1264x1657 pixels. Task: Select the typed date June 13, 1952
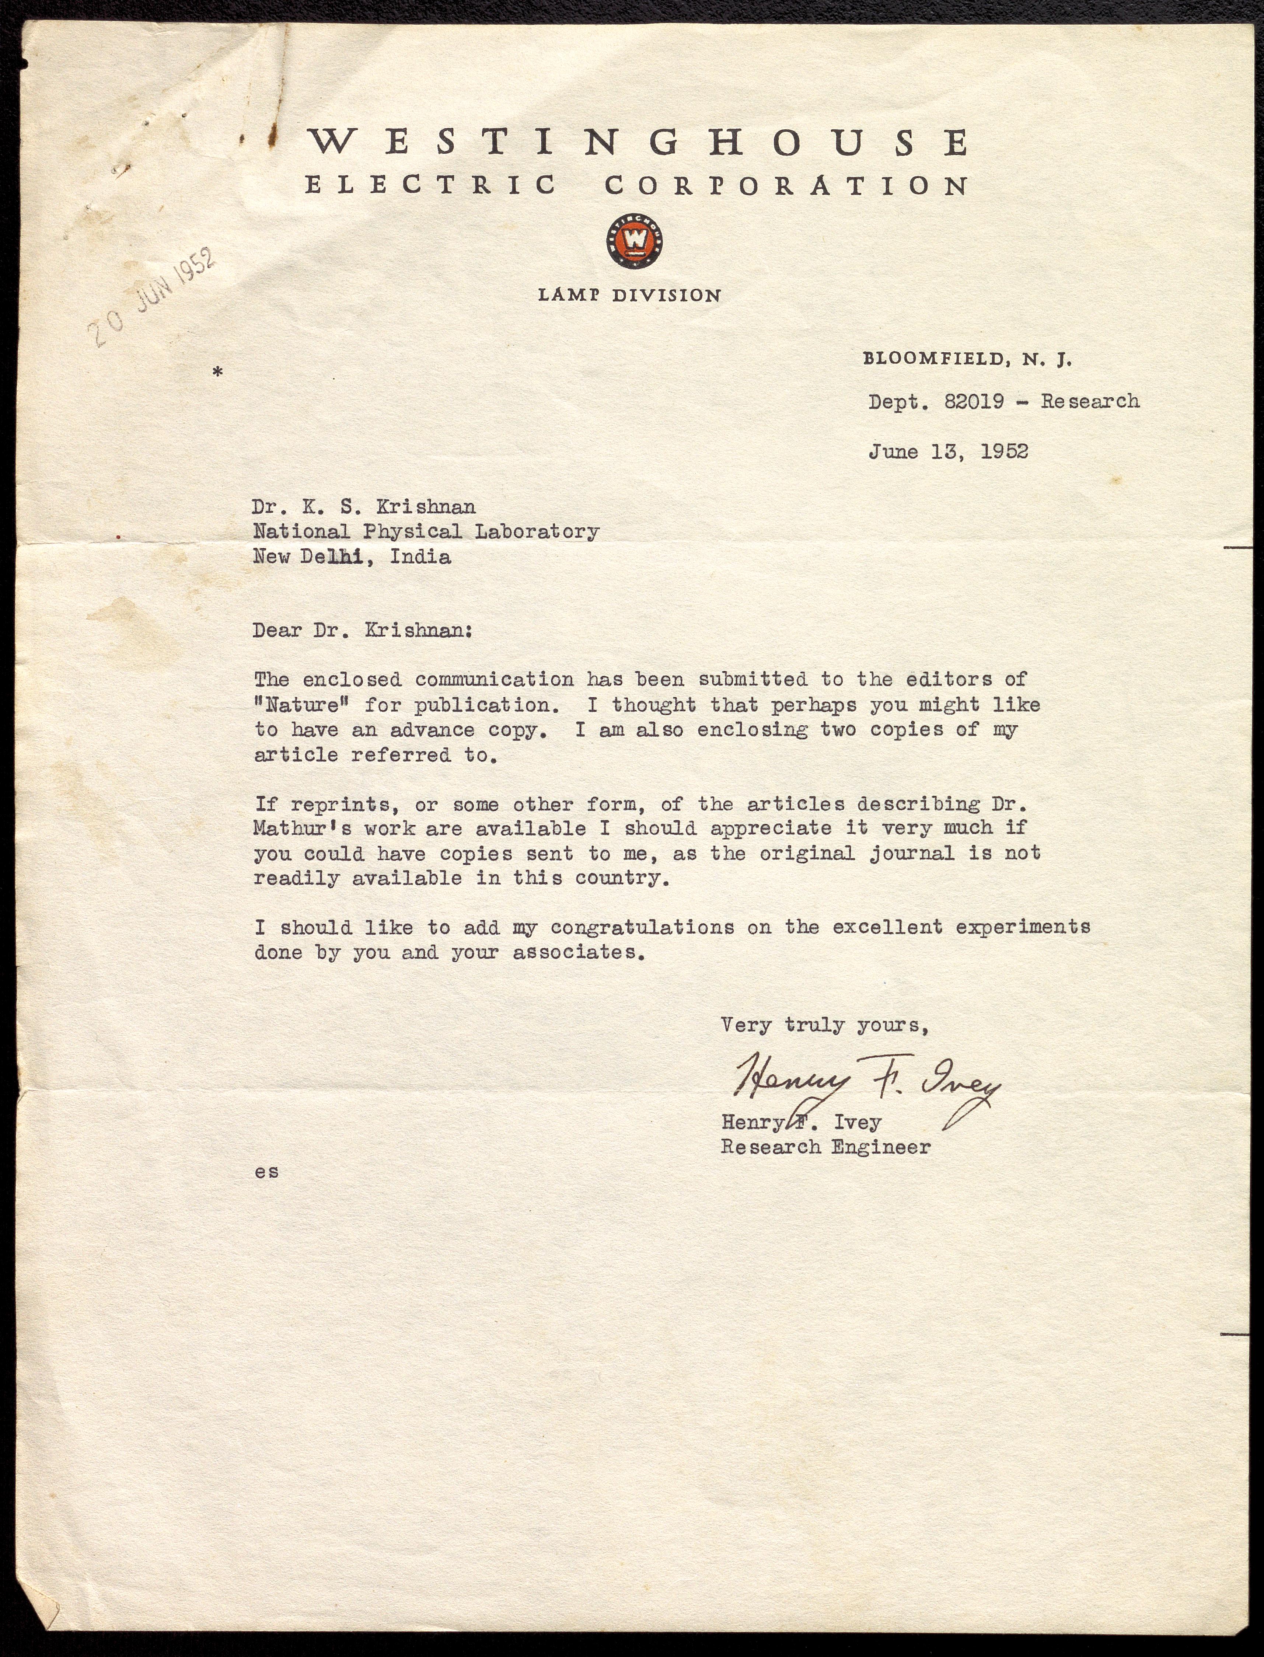tap(948, 451)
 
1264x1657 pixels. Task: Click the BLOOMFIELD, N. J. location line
tap(967, 360)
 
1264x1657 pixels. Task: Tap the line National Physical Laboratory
tap(426, 532)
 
